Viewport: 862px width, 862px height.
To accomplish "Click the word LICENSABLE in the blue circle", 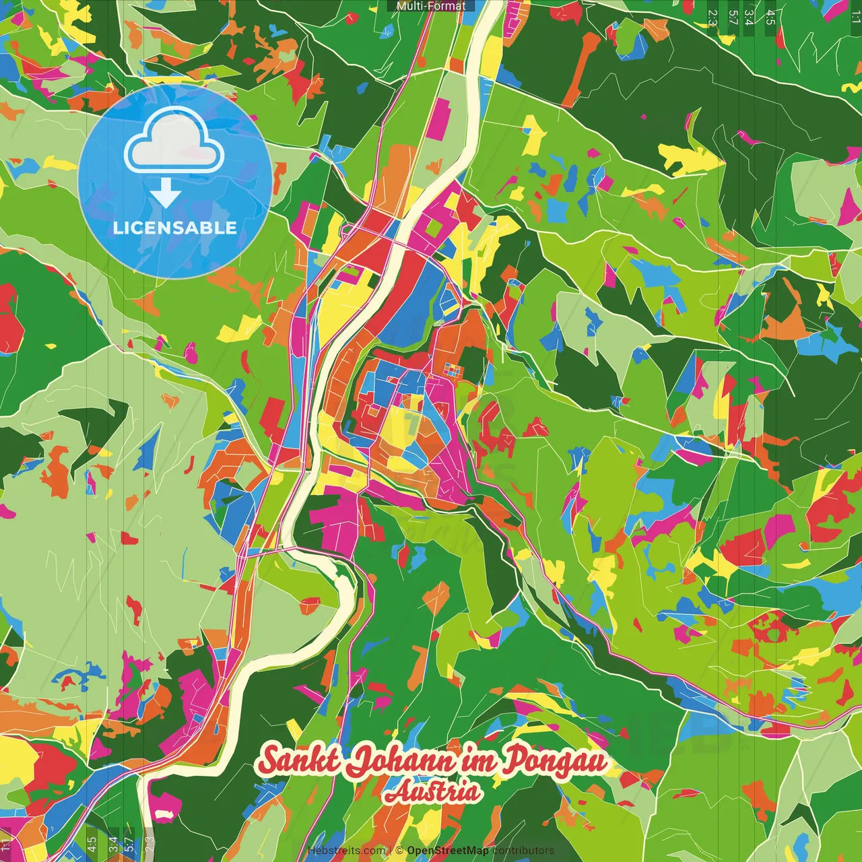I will point(175,228).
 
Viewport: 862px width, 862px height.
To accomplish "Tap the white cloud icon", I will point(174,143).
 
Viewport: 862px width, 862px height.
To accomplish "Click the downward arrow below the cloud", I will point(166,195).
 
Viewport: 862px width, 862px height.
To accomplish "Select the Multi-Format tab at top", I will point(431,6).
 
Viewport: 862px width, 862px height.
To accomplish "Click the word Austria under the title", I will point(432,792).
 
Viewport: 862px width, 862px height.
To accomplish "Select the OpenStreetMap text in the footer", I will point(448,851).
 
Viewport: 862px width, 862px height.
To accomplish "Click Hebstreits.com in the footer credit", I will point(346,851).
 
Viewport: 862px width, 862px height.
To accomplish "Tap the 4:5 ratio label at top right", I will point(770,17).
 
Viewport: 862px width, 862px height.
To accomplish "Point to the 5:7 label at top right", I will point(733,17).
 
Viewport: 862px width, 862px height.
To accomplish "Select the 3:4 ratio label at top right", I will point(749,17).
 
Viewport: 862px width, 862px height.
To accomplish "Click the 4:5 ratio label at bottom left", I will point(92,844).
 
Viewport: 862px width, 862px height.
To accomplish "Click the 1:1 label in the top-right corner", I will point(855,17).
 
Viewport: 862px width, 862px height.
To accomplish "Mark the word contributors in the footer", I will point(523,851).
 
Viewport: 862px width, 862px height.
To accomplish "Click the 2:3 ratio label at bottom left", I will point(149,844).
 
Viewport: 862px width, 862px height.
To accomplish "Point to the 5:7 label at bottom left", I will point(129,844).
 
